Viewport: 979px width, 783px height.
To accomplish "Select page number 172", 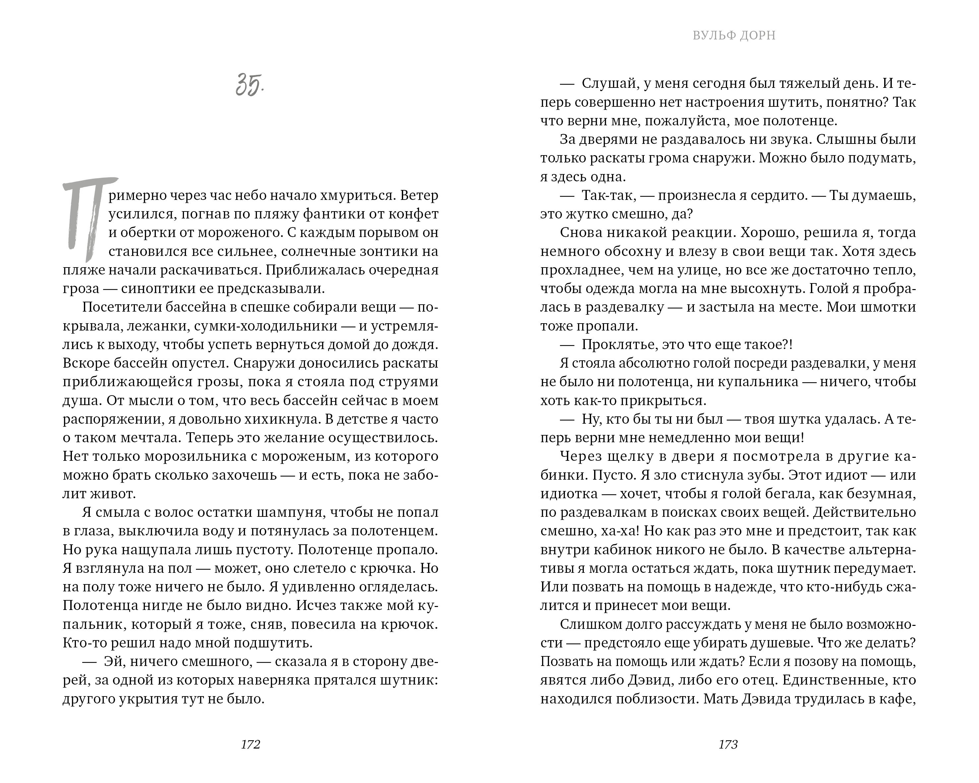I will (x=250, y=745).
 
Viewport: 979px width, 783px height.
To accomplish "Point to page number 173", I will (x=728, y=745).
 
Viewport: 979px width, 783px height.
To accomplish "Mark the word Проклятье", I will (x=619, y=344).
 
